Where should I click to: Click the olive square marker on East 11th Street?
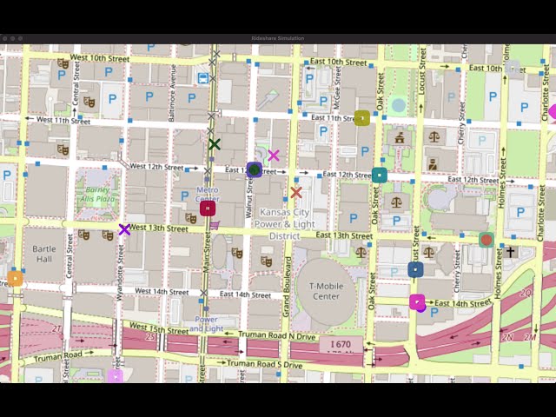[362, 118]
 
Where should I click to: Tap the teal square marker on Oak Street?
[380, 175]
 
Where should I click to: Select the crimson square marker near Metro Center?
[208, 208]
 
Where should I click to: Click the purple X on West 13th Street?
[124, 230]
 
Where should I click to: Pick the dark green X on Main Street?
[215, 144]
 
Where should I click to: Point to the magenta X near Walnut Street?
[274, 156]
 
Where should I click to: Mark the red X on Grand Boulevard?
[296, 192]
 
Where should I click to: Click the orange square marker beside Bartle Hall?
[15, 279]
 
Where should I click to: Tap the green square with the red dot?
[486, 240]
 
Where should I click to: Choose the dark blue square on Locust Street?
[416, 269]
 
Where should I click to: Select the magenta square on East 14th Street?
[417, 301]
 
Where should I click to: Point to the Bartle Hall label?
[43, 254]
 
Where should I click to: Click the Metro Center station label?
[207, 193]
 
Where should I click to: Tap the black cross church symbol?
[510, 252]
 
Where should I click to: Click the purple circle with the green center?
[255, 169]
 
